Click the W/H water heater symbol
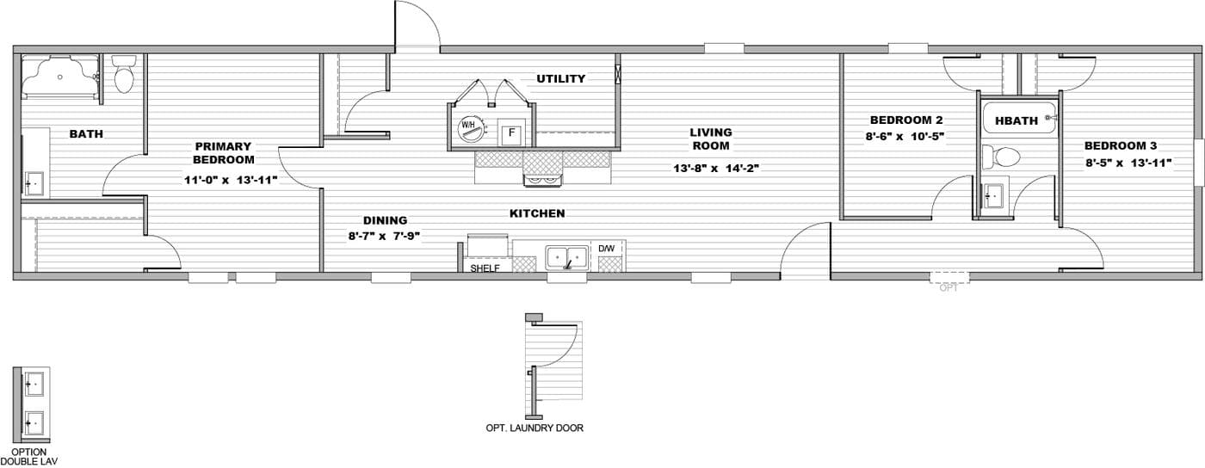[x=469, y=126]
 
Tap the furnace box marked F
[x=511, y=132]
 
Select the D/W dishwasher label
[x=607, y=249]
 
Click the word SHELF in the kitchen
[x=485, y=268]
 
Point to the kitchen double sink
[x=567, y=257]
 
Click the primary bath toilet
[x=124, y=76]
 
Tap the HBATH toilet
[x=1004, y=157]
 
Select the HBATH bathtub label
[x=1017, y=120]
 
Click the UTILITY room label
[x=561, y=78]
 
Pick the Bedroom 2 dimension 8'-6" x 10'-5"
[x=906, y=136]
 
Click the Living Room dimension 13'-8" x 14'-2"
[x=715, y=169]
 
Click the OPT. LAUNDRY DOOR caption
[x=535, y=428]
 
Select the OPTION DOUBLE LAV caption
[x=29, y=457]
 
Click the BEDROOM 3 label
[x=1115, y=145]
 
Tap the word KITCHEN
[x=537, y=212]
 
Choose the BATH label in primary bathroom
[x=86, y=133]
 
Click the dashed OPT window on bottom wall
[x=949, y=278]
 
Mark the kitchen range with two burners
[x=542, y=180]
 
